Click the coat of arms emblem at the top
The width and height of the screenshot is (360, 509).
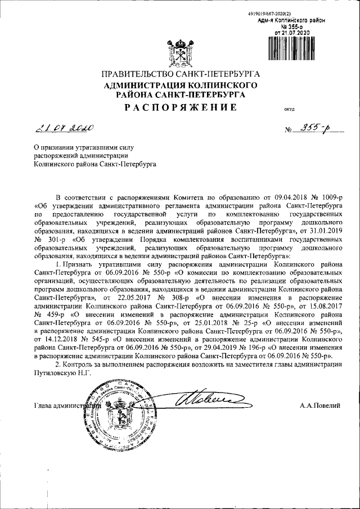point(180,53)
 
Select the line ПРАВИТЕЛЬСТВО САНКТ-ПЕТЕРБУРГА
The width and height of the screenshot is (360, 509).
point(180,74)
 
